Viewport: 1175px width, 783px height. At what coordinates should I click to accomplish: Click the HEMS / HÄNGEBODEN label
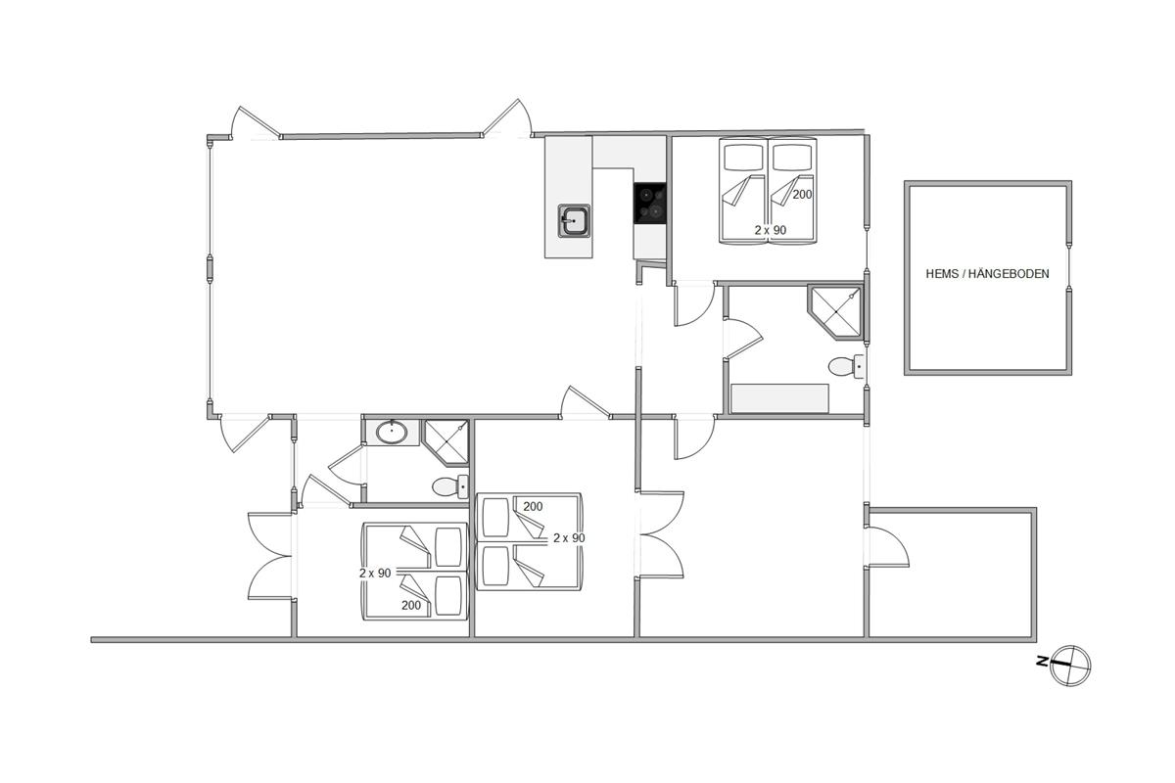click(x=987, y=274)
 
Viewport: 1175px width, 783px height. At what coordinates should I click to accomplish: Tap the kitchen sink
click(x=574, y=221)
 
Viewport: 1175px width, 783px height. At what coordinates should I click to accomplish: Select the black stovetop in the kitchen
click(x=650, y=204)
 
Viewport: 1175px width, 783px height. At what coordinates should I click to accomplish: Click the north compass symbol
click(x=1070, y=666)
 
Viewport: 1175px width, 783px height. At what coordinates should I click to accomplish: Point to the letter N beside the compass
click(x=1042, y=662)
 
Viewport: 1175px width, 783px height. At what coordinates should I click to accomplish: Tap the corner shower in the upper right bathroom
click(x=835, y=312)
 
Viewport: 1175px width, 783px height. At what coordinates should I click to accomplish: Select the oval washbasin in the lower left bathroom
click(x=392, y=433)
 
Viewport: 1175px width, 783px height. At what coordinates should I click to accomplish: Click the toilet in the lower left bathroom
click(x=450, y=486)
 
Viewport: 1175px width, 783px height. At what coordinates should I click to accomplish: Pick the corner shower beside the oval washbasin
click(x=446, y=442)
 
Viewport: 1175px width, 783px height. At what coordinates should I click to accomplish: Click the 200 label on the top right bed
click(x=802, y=195)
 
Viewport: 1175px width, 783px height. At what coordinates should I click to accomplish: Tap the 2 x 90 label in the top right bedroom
click(x=771, y=230)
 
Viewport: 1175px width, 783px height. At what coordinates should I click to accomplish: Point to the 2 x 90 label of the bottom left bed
click(x=375, y=574)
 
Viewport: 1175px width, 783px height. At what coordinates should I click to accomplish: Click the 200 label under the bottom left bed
click(x=411, y=605)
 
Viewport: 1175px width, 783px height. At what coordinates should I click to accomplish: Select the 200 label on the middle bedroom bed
click(x=533, y=507)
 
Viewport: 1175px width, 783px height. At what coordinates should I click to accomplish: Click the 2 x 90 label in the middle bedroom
click(x=569, y=538)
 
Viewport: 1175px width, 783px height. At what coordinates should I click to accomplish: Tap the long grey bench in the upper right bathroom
click(x=780, y=398)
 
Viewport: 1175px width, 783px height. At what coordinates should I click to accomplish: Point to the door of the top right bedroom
click(x=693, y=304)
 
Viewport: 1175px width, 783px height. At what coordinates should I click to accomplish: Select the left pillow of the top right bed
click(x=743, y=157)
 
